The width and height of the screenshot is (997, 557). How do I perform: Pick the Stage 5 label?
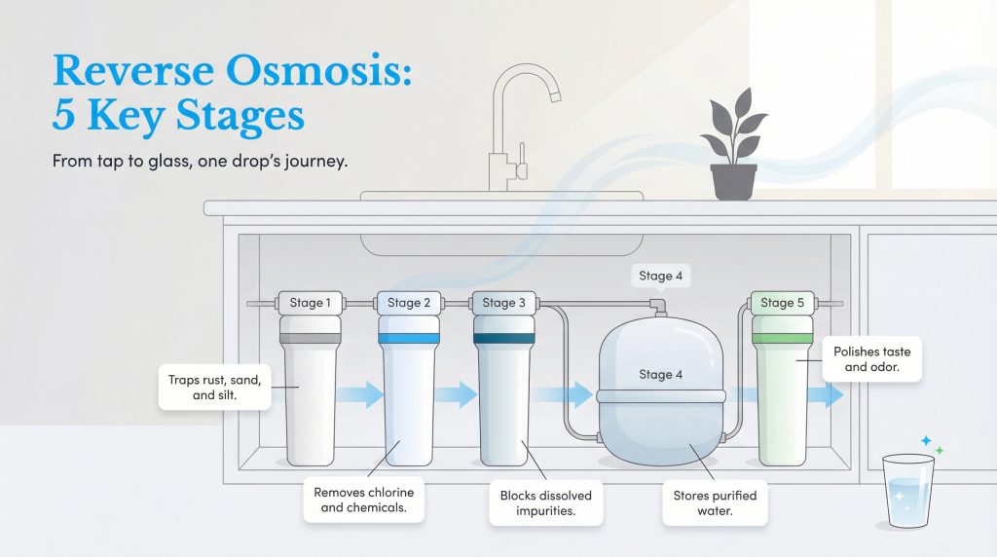click(783, 303)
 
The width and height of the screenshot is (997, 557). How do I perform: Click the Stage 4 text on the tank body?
click(660, 374)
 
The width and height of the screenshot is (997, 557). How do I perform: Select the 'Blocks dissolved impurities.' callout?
click(545, 502)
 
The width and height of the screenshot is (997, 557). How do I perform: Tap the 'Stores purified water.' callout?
click(715, 502)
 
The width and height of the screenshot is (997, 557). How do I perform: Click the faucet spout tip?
click(556, 95)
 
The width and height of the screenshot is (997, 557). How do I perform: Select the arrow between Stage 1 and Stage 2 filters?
click(361, 394)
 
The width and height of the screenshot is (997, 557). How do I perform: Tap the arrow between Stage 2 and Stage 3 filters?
click(455, 394)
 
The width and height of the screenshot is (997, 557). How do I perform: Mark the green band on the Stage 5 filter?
click(783, 338)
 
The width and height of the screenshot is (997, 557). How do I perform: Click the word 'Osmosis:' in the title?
click(361, 71)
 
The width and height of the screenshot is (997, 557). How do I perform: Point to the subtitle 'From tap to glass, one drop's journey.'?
click(201, 161)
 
